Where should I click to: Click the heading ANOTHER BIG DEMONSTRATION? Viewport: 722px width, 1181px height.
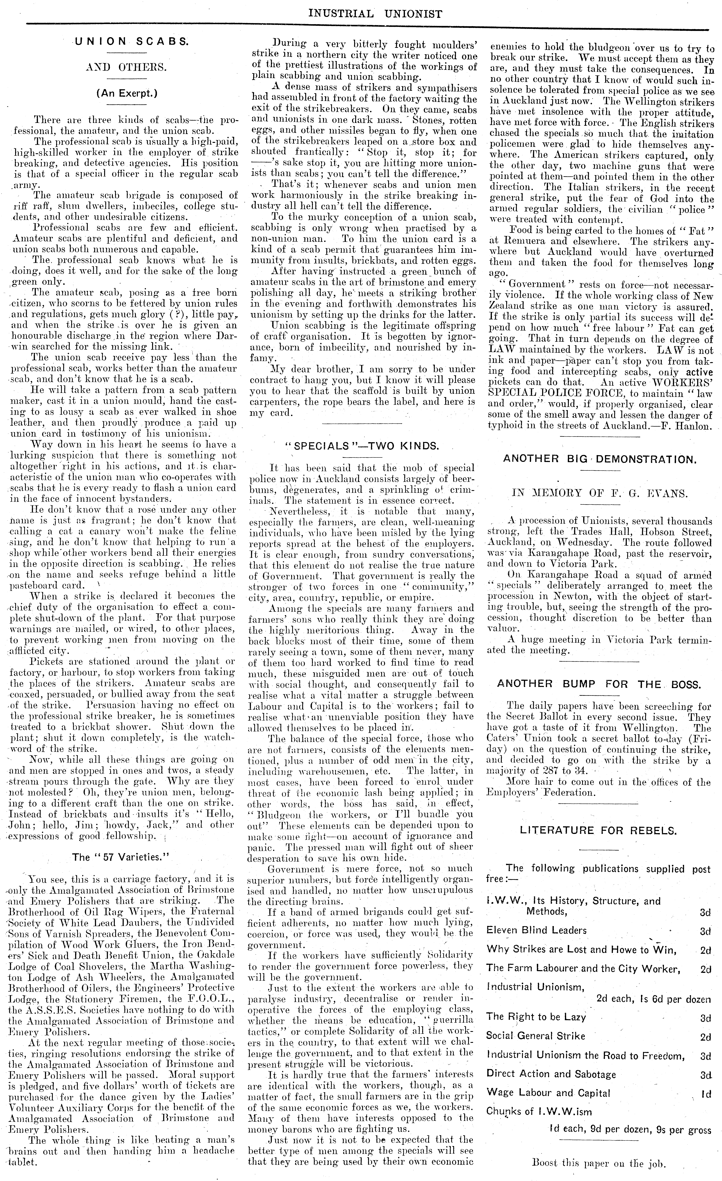[x=599, y=459]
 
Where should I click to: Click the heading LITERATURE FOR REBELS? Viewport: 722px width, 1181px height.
[x=598, y=831]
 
